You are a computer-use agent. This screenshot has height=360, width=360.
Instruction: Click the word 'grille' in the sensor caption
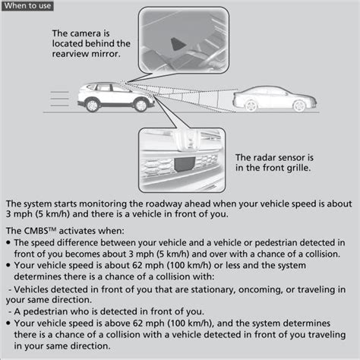tap(296, 168)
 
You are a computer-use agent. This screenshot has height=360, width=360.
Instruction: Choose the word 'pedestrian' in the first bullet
tap(257, 242)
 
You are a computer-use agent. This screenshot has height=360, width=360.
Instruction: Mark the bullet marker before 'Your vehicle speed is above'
tap(8, 322)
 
